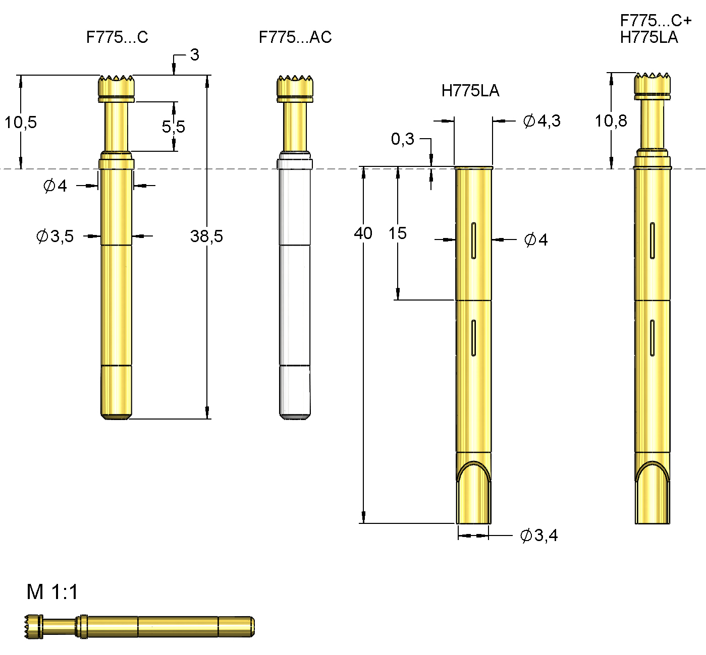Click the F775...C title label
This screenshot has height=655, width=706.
pos(117,37)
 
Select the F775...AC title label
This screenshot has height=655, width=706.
pos(295,37)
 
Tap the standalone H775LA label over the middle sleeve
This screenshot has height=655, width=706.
pos(470,91)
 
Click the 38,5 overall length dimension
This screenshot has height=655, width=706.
pos(206,236)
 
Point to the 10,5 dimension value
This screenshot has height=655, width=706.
pos(21,122)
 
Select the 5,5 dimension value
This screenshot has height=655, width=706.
pos(173,127)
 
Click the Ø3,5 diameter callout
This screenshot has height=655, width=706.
pos(55,236)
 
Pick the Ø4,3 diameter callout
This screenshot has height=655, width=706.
pos(541,121)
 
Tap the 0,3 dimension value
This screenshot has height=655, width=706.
pos(402,139)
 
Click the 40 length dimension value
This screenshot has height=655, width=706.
pos(363,233)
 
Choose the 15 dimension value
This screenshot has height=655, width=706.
pos(397,233)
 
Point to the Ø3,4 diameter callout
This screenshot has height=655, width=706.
pos(539,535)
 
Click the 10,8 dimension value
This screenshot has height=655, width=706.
pos(611,121)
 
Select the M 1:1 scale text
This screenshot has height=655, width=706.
pos(52,592)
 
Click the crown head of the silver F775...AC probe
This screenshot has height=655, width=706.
pos(295,86)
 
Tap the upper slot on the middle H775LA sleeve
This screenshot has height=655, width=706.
pos(473,241)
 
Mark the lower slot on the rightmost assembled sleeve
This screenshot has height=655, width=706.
pos(652,338)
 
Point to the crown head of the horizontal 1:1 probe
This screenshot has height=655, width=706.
pos(33,627)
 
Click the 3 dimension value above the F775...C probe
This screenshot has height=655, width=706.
pos(194,55)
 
